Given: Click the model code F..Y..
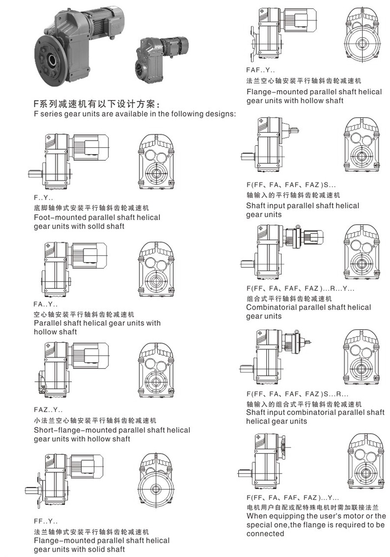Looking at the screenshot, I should (43, 198).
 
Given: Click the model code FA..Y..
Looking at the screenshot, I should (45, 304).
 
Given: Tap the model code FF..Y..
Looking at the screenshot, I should (45, 521).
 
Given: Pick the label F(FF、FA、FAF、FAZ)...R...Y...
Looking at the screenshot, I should (300, 288).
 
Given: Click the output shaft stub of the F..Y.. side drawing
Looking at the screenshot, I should (35, 174).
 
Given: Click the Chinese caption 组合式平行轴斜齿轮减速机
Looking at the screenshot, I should (289, 299).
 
